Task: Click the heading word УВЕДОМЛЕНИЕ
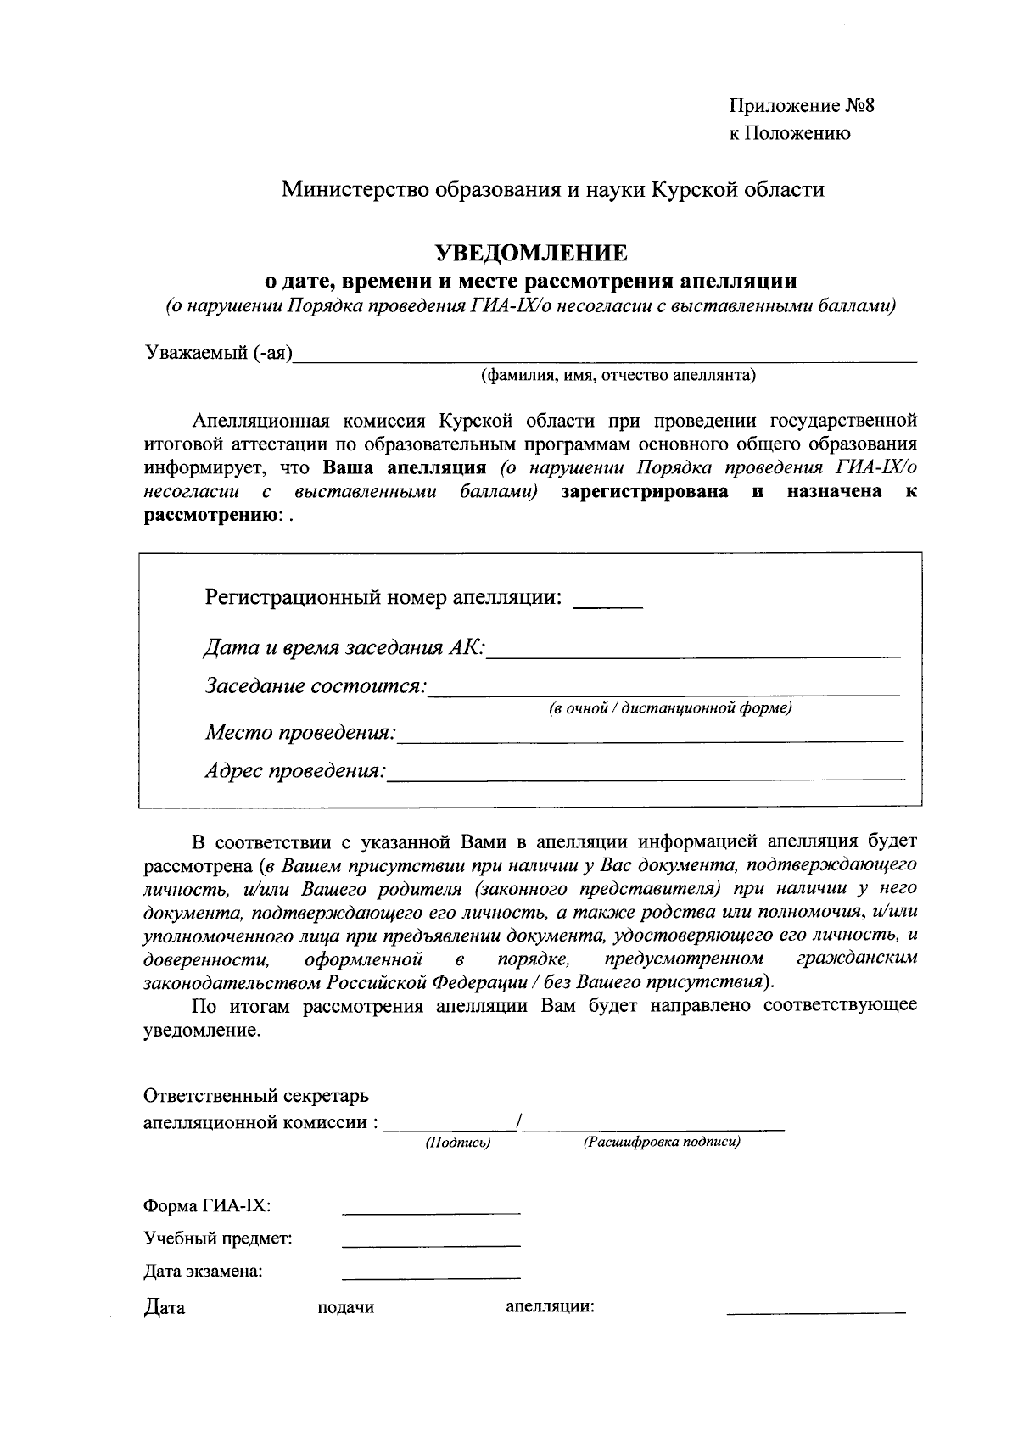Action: tap(531, 253)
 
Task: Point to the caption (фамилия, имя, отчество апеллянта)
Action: tap(618, 375)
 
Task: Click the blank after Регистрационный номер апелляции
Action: tap(608, 604)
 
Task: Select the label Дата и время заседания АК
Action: tap(344, 648)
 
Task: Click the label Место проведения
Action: tap(300, 731)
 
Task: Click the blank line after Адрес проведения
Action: tap(646, 774)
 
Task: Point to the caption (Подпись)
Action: tap(458, 1143)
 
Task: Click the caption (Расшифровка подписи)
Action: tap(662, 1143)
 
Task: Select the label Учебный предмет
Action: tap(218, 1238)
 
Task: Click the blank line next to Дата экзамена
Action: tap(431, 1276)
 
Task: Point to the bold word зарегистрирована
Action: tap(645, 492)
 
